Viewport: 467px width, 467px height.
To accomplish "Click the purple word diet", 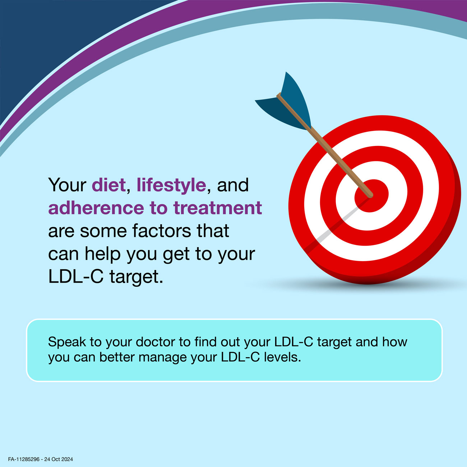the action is click(x=108, y=185).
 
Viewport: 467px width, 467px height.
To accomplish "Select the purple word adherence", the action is click(x=96, y=208).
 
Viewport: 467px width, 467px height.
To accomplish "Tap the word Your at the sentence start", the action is click(x=67, y=185).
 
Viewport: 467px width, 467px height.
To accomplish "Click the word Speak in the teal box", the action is click(x=67, y=342).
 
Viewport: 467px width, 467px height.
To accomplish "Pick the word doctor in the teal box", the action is click(x=156, y=342).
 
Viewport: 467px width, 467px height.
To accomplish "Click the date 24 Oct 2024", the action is click(x=59, y=459).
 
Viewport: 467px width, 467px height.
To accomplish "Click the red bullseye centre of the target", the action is click(x=371, y=196).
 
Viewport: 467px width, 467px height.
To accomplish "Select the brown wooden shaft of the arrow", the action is click(x=325, y=145).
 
